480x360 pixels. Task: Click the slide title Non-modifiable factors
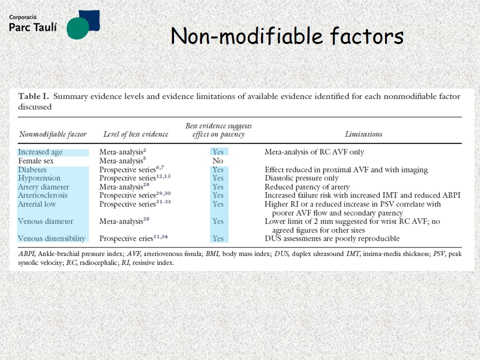(x=287, y=36)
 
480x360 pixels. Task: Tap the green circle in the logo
(x=78, y=28)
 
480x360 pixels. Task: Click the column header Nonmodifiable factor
(x=53, y=134)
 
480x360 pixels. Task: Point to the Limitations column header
(x=363, y=134)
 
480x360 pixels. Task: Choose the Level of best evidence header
(x=136, y=134)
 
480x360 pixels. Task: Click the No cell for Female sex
(x=217, y=160)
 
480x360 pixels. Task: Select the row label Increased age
(x=40, y=152)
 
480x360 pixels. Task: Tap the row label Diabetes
(x=32, y=169)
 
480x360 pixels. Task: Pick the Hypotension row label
(x=39, y=178)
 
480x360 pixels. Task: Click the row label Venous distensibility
(x=51, y=238)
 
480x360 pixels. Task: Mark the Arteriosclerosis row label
(x=42, y=195)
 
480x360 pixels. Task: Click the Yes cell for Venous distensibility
(x=218, y=238)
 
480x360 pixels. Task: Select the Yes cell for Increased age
(x=218, y=152)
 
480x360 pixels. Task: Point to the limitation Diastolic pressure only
(x=301, y=178)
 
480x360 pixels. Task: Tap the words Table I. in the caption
(x=33, y=96)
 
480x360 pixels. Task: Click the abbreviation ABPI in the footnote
(x=27, y=254)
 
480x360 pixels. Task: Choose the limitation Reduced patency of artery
(x=307, y=186)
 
